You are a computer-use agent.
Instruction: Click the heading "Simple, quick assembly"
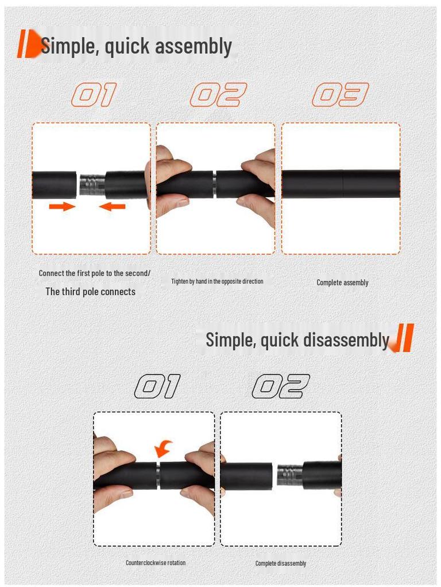pyautogui.click(x=136, y=46)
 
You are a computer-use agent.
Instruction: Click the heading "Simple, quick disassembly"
pyautogui.click(x=297, y=339)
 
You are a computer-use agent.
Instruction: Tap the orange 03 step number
pyautogui.click(x=340, y=95)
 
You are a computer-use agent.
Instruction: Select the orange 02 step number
pyautogui.click(x=218, y=95)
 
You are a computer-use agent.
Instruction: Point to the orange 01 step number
pyautogui.click(x=94, y=95)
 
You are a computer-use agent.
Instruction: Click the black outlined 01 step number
pyautogui.click(x=157, y=387)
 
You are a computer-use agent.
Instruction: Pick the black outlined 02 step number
pyautogui.click(x=281, y=387)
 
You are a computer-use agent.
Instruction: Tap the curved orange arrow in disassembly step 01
pyautogui.click(x=164, y=448)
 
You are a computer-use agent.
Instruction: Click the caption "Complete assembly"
pyautogui.click(x=342, y=282)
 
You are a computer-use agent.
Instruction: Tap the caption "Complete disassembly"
pyautogui.click(x=281, y=563)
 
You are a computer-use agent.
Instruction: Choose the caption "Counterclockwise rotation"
pyautogui.click(x=156, y=562)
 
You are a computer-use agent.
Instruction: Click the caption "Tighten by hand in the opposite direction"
pyautogui.click(x=217, y=281)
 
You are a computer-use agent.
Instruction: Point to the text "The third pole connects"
pyautogui.click(x=91, y=291)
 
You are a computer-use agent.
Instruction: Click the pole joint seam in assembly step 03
pyautogui.click(x=343, y=184)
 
